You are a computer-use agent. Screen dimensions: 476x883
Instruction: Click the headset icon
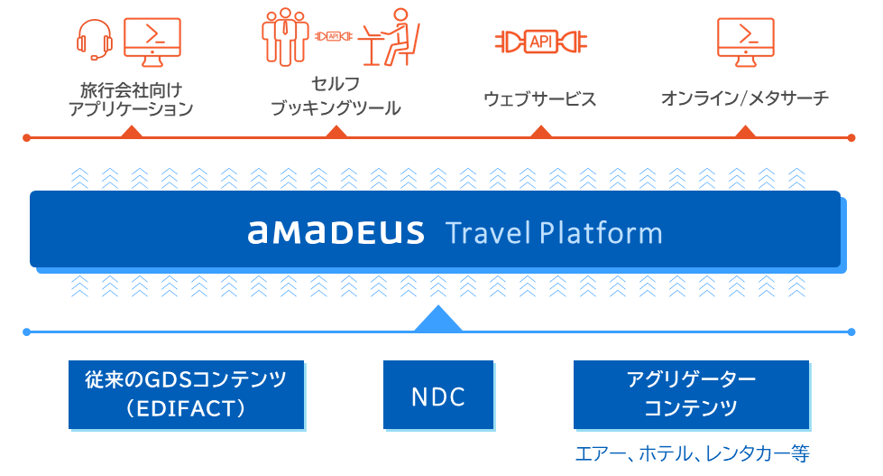click(95, 40)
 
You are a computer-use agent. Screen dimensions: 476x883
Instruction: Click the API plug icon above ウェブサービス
click(540, 41)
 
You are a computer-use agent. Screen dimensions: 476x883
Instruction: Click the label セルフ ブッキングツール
click(336, 96)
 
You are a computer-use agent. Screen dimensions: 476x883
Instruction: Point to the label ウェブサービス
click(540, 98)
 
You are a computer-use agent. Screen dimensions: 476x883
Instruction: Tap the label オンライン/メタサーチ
click(744, 98)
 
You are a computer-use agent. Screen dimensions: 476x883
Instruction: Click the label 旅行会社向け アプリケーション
click(132, 99)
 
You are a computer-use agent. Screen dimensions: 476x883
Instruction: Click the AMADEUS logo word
click(336, 233)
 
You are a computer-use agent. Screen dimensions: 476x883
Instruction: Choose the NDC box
click(438, 395)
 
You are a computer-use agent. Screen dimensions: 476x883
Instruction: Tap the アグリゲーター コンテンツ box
click(691, 395)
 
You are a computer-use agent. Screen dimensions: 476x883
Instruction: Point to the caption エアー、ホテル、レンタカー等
click(693, 453)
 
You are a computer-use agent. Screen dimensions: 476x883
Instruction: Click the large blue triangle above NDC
click(438, 320)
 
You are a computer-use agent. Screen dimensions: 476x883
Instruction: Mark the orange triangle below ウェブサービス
click(540, 132)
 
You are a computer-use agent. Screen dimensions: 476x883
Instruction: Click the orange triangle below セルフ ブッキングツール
click(336, 132)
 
